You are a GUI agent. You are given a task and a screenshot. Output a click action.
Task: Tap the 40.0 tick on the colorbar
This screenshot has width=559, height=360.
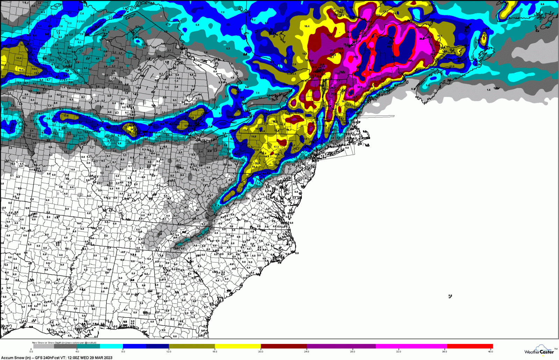coord(491,352)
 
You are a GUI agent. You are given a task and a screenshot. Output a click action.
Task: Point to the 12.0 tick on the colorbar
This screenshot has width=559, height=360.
coord(169,352)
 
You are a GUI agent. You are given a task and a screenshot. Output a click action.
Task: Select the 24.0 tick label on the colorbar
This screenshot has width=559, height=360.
coord(306,352)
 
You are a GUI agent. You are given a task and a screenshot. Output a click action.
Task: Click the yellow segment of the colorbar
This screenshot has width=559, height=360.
coord(238,346)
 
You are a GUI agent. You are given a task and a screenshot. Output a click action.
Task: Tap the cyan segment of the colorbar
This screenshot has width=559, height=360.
coord(111,346)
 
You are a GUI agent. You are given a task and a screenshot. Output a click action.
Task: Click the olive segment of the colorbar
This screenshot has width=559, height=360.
coord(192,346)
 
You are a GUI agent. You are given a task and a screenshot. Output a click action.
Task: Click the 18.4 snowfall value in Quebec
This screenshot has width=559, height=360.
coord(307,26)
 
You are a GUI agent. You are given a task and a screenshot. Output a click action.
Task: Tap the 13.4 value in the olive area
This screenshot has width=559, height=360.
coord(19,58)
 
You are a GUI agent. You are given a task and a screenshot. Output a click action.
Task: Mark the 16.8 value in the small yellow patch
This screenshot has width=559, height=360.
coord(21,70)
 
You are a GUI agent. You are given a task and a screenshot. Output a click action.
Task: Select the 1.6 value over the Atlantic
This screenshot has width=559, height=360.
coord(488,90)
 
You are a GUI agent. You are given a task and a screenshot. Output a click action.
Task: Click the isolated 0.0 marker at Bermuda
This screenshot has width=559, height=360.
coord(450,296)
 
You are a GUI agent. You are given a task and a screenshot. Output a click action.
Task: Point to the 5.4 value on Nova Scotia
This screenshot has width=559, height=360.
coord(428,85)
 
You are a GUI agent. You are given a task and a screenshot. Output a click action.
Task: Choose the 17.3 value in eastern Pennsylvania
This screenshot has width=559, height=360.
coord(276,147)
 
